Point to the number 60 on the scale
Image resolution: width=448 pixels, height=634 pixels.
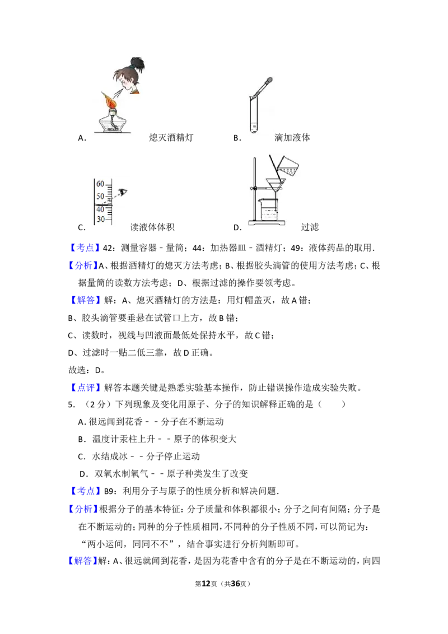click(100, 184)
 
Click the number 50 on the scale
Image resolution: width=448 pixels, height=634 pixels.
click(100, 196)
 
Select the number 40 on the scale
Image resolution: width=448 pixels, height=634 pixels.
click(100, 209)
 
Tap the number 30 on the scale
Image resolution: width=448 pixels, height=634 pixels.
click(100, 220)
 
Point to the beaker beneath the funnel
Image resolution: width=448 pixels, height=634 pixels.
click(268, 211)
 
